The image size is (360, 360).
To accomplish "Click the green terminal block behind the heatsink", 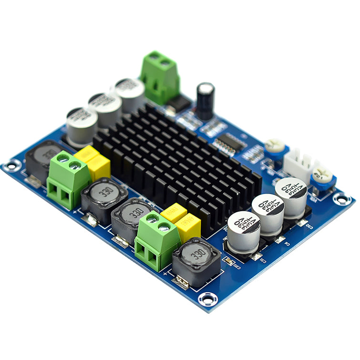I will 160,76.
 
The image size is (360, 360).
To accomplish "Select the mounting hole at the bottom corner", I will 208,299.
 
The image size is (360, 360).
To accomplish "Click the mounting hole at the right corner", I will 342,198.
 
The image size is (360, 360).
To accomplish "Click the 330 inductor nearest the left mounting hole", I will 44,158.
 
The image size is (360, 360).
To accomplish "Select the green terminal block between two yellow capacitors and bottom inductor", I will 156,241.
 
